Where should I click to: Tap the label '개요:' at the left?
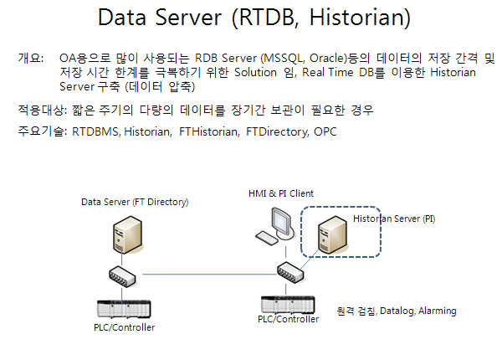31,59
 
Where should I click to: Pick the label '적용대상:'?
41,110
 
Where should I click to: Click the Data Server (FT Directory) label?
135,203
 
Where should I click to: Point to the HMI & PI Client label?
280,193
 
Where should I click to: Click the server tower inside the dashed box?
326,234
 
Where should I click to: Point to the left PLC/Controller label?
125,327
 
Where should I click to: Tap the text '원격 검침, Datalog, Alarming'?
396,311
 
